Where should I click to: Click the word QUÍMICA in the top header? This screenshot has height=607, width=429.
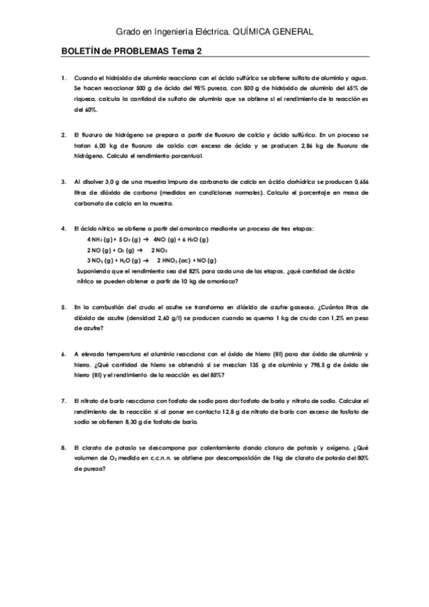pos(254,32)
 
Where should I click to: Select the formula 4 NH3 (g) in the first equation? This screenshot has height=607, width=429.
pos(100,239)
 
